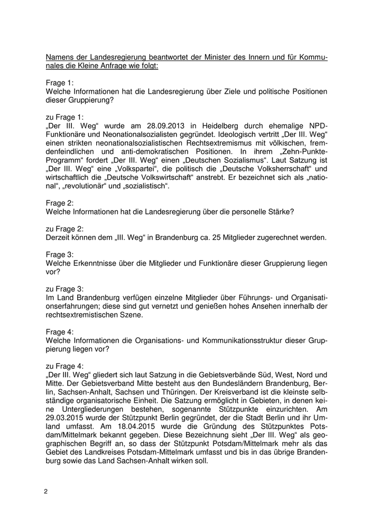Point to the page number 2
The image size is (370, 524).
[x=46, y=492]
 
